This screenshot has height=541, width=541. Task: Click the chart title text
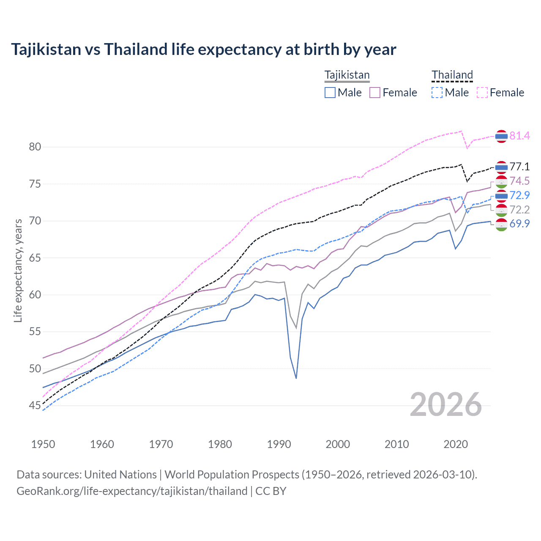click(x=203, y=49)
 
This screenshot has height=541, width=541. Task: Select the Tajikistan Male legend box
click(x=330, y=93)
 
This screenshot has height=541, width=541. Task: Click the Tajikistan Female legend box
click(x=375, y=93)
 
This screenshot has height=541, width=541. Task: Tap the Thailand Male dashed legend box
click(x=437, y=93)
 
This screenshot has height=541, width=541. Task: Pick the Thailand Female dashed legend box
click(x=482, y=93)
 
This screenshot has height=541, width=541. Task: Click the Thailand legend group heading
click(x=452, y=75)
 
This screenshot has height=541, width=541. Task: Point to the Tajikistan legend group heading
click(x=347, y=75)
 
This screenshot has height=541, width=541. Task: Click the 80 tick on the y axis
click(x=35, y=147)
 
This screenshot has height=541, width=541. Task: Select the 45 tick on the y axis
click(x=35, y=406)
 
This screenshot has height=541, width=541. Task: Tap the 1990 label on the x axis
click(x=279, y=444)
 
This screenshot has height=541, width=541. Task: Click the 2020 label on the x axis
click(x=456, y=444)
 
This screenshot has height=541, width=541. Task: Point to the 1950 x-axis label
click(x=43, y=444)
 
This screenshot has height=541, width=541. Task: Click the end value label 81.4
click(x=519, y=136)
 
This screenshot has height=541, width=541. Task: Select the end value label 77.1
click(x=519, y=167)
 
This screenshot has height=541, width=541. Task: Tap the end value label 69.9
click(x=519, y=224)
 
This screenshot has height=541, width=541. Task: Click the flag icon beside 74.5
click(x=501, y=181)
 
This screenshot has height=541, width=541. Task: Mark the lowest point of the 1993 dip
click(x=296, y=378)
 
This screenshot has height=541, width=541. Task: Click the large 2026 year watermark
click(x=445, y=404)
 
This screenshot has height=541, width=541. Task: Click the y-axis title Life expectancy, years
click(x=18, y=270)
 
